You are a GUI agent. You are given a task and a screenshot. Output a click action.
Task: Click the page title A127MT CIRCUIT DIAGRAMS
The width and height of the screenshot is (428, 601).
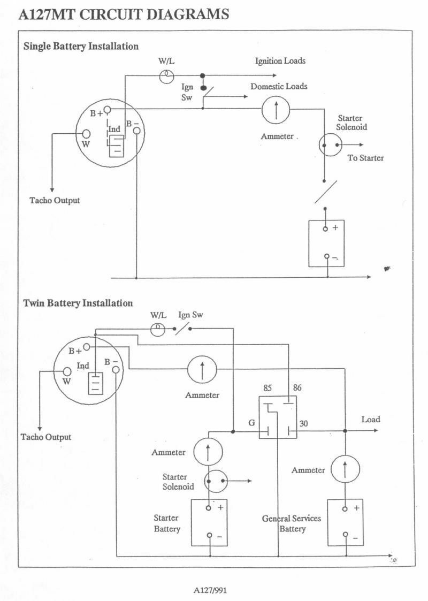[124, 14]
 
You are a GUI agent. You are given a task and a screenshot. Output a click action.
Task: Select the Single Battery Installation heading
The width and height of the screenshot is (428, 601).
[81, 47]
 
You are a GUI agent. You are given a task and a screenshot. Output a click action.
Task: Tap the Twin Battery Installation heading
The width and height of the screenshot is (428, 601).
[78, 303]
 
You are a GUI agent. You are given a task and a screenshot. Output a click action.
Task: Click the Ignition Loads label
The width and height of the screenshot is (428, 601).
[280, 61]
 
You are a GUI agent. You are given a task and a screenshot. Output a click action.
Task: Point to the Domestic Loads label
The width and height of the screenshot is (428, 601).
[279, 86]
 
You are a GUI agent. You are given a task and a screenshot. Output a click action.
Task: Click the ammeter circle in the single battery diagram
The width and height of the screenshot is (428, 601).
[276, 109]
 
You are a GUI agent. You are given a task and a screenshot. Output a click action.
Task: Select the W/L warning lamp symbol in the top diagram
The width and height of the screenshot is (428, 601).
[167, 77]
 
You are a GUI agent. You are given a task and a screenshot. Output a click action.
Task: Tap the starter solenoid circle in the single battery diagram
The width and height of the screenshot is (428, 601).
[330, 145]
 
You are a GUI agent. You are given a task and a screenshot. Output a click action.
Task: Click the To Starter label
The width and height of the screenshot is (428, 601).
[365, 158]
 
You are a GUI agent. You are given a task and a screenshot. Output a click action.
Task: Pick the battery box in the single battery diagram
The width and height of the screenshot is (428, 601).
[326, 244]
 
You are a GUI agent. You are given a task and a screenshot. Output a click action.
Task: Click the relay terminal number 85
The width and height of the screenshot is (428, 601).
[267, 388]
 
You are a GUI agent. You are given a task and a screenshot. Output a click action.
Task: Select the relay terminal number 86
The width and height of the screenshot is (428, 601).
[297, 387]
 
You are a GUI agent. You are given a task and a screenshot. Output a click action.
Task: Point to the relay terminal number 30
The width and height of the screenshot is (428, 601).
[303, 423]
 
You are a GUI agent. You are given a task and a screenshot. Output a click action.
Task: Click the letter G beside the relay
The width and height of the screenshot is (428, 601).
[252, 423]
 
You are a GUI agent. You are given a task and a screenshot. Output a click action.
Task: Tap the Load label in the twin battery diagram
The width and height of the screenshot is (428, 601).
[371, 420]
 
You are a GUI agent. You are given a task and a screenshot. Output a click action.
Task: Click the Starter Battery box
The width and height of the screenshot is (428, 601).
[209, 522]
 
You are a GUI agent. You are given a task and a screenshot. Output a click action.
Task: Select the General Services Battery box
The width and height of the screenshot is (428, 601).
[345, 522]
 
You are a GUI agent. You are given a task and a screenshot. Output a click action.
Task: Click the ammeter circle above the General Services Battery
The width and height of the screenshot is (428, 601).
[345, 469]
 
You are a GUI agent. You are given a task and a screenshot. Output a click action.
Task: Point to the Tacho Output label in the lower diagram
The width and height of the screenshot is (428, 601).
[46, 437]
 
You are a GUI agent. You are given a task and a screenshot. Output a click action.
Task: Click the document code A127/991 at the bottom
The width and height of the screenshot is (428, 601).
[210, 590]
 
